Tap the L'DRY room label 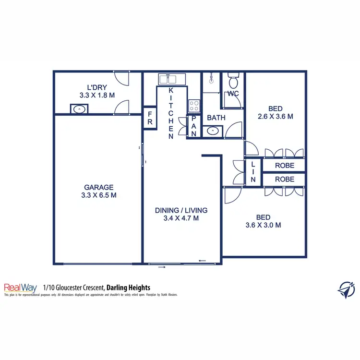coord(96,87)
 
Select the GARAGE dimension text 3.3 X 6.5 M coord(99,195)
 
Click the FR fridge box coord(150,118)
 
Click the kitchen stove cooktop coord(194,105)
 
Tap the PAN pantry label coord(194,126)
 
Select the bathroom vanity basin coord(212,131)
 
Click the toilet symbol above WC coord(233,79)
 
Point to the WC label coord(233,93)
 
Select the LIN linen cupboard coord(253,172)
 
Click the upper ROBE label coord(284,165)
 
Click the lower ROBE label coord(284,180)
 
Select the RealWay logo coord(21,288)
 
